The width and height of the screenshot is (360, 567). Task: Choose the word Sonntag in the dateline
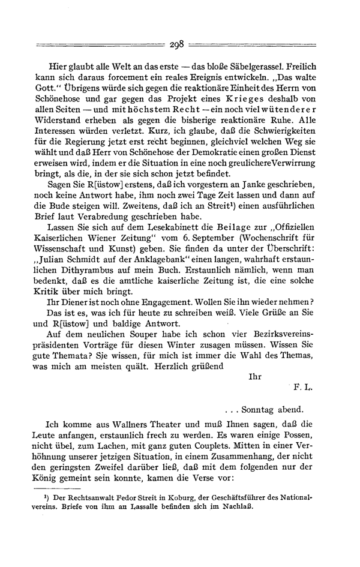pyautogui.click(x=260, y=411)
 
